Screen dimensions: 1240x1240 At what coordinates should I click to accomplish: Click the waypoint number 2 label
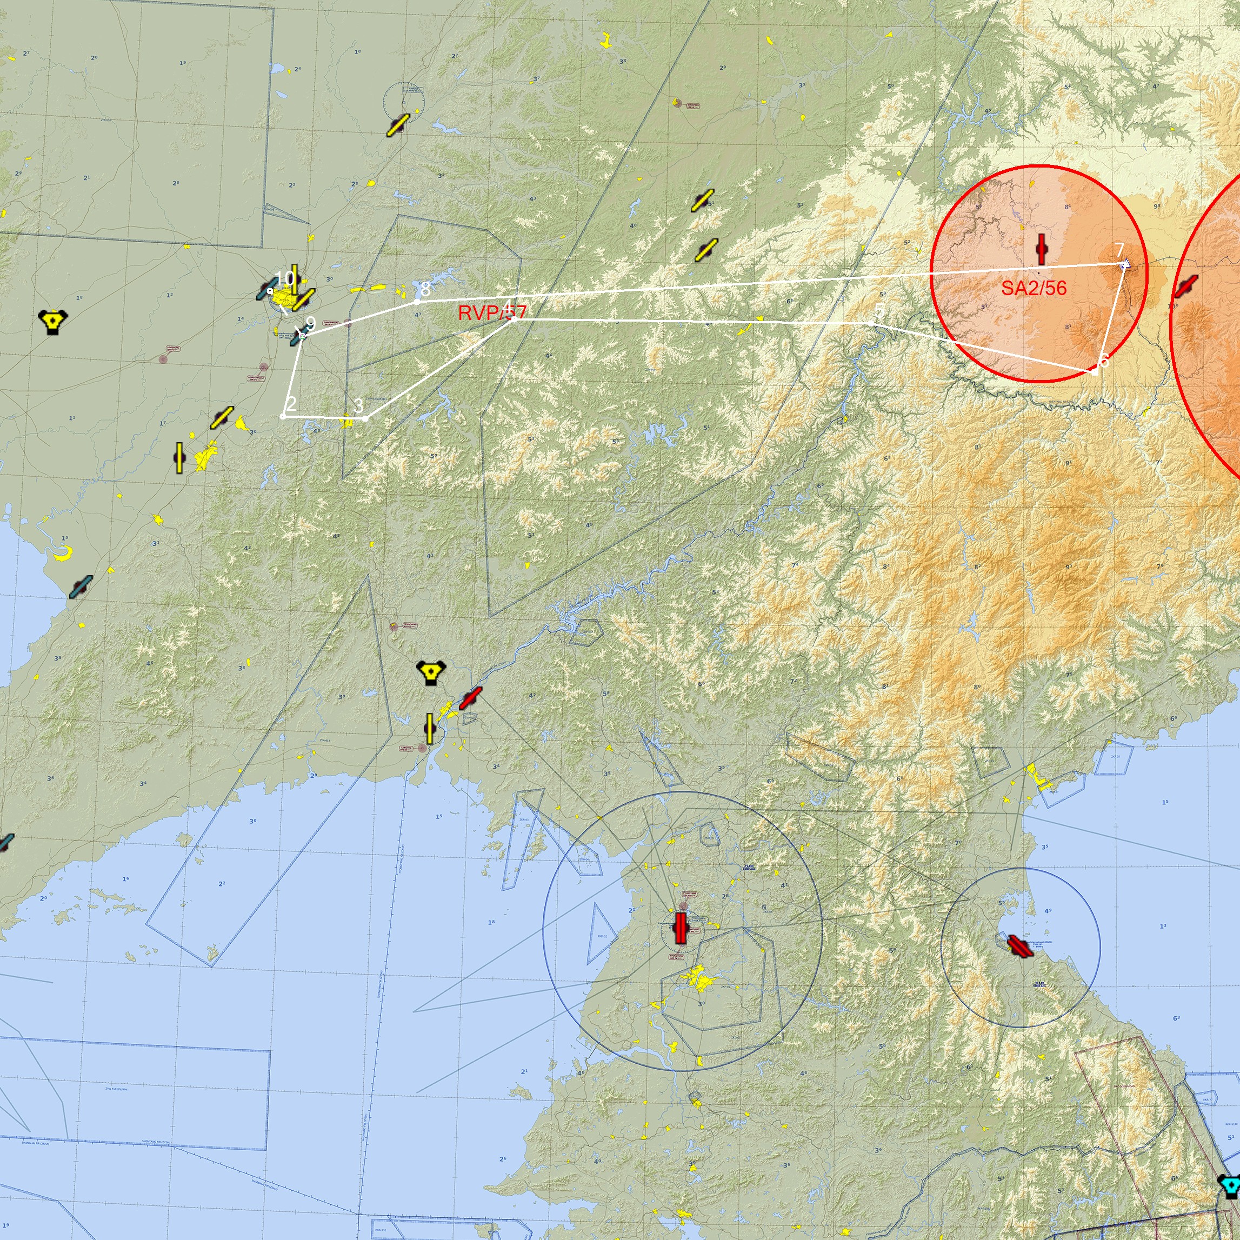[x=291, y=404]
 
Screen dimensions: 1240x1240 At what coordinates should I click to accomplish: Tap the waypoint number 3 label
[x=359, y=405]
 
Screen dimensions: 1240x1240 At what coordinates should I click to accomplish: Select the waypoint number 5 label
[x=879, y=311]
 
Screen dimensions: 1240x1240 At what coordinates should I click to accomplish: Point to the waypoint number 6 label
[x=1103, y=361]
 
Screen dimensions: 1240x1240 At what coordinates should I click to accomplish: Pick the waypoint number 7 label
[x=1119, y=250]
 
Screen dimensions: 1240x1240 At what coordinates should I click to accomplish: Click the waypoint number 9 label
[x=311, y=324]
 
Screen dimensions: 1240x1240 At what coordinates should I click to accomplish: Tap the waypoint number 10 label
[x=284, y=278]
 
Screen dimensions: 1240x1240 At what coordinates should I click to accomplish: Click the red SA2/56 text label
[x=1034, y=288]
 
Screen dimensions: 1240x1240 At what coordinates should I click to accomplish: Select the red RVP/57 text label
[x=492, y=312]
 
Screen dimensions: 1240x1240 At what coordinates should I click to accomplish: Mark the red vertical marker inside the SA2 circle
[x=1042, y=249]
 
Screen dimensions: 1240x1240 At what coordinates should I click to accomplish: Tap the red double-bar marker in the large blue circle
[x=681, y=928]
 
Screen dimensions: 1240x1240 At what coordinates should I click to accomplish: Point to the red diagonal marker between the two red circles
[x=1185, y=286]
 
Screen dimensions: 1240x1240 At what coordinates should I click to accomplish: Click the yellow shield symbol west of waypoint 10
[x=52, y=321]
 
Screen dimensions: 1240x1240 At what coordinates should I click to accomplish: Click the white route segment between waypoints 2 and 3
[x=324, y=417]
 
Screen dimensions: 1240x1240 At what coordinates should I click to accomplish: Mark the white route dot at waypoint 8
[x=418, y=301]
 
